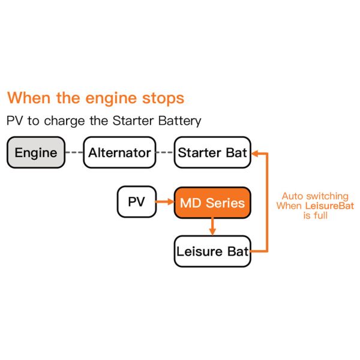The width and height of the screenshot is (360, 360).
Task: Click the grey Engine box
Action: pos(36,152)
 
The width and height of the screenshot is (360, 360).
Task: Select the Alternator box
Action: pos(119,152)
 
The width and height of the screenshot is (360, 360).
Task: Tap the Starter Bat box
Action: pos(212,152)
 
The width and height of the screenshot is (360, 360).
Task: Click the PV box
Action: pos(136,202)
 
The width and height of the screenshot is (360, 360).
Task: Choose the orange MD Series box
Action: pos(212,202)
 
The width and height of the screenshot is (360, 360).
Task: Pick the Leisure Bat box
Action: pos(212,251)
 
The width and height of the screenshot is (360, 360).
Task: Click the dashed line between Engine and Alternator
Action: pos(74,152)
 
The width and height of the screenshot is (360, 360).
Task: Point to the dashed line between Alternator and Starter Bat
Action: pos(164,152)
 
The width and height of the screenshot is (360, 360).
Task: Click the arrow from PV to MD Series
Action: pos(165,202)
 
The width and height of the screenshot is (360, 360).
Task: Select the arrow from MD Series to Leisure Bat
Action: pos(212,227)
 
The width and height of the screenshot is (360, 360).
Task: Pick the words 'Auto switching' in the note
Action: pos(315,196)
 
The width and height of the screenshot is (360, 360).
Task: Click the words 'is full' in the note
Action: pos(315,216)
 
